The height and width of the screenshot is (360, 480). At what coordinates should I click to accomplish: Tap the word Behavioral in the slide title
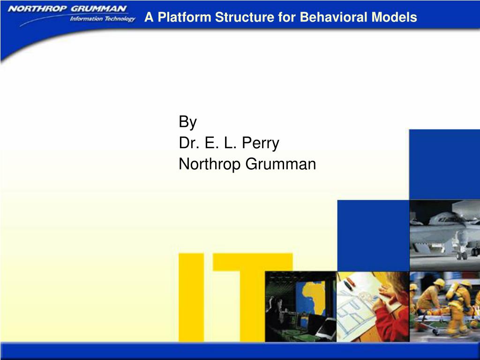[333, 17]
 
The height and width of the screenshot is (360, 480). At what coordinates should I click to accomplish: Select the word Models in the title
[394, 17]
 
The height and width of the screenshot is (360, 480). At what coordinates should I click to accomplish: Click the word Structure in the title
[244, 17]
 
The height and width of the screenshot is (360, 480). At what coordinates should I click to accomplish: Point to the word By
[187, 122]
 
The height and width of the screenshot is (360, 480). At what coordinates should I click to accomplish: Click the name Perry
[261, 143]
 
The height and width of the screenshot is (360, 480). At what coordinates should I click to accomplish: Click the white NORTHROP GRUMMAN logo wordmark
[67, 8]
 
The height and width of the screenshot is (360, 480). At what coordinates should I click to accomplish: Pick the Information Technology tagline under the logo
[103, 19]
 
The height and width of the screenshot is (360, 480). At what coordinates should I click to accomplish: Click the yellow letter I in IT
[191, 297]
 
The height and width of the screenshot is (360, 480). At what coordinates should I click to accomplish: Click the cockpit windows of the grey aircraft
[444, 219]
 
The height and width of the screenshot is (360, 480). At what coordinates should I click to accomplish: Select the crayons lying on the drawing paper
[349, 284]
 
